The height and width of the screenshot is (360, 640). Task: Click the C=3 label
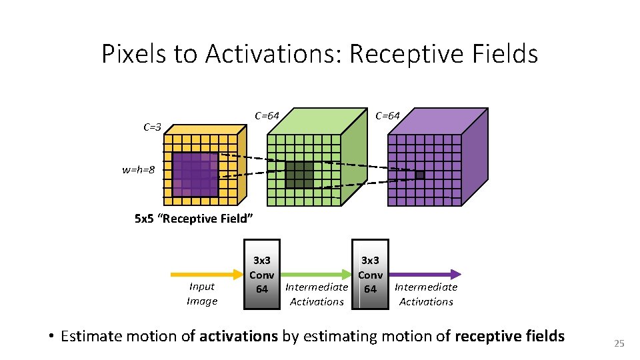click(x=152, y=126)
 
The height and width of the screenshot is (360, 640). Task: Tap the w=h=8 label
click(x=138, y=170)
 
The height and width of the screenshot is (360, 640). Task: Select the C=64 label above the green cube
click(x=267, y=115)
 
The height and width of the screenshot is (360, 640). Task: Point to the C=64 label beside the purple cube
click(x=387, y=115)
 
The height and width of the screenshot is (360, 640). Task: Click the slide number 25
click(x=619, y=343)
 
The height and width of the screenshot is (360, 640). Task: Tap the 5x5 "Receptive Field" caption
click(x=193, y=218)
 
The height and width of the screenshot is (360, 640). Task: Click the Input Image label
click(x=201, y=293)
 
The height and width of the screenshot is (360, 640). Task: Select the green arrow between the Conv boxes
click(x=316, y=273)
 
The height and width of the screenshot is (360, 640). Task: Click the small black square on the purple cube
click(x=419, y=175)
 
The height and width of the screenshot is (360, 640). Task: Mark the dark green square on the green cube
click(x=299, y=175)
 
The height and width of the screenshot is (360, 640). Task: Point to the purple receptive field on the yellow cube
click(x=195, y=175)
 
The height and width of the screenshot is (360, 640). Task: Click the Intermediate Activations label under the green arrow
click(x=317, y=294)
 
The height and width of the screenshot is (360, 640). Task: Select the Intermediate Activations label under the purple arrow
click(x=426, y=294)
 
